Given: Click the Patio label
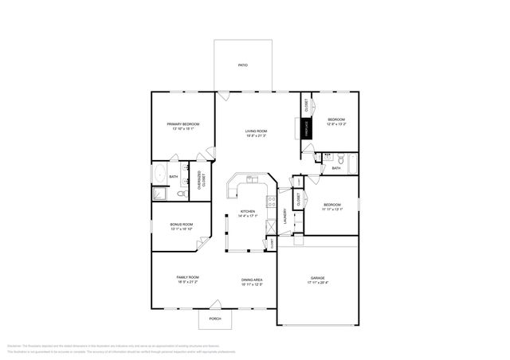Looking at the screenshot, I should pos(243,65).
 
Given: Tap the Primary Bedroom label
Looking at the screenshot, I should pos(182,124).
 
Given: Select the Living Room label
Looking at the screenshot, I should pos(256,131).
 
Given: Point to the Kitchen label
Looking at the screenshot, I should pos(248,211).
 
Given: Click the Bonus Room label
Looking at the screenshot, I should pos(182,225).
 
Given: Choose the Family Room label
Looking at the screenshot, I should pos(187,277).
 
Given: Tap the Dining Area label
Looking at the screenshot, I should pos(253,279).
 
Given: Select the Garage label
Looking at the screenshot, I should pos(317,278).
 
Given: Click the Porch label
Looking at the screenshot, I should pos(215,319).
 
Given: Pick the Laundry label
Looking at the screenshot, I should pos(284,215).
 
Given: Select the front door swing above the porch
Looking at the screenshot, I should pos(216,303).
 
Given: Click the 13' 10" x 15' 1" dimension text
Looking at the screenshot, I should pos(182,129).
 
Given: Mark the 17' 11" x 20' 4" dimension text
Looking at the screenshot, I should pos(317,283).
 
